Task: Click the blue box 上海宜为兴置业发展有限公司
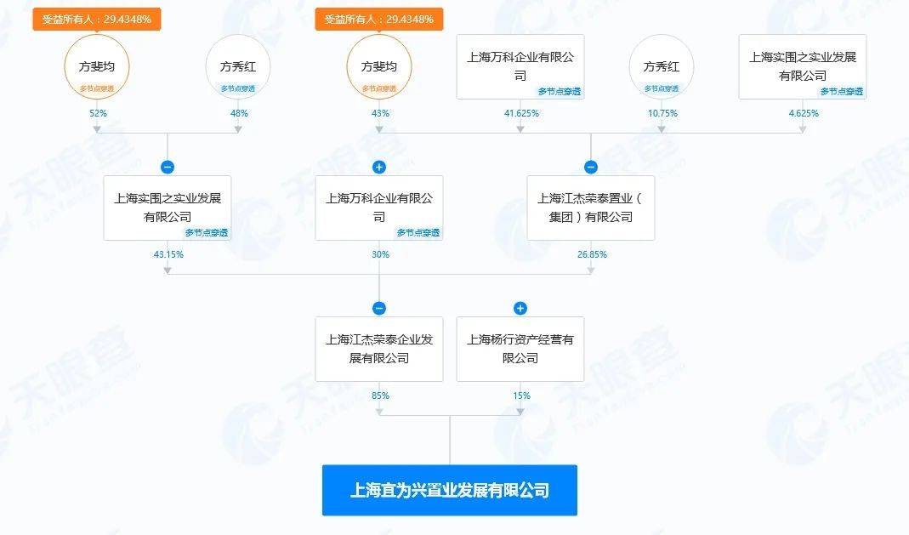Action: coord(450,490)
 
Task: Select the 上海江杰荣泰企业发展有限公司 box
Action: coord(379,349)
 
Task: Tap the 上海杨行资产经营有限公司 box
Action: coord(520,349)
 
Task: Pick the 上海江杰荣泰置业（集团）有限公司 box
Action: coord(591,208)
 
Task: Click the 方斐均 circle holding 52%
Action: coord(97,66)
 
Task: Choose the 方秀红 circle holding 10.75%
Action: coord(662,66)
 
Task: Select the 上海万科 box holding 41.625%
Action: coord(520,66)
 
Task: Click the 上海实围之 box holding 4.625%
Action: coord(803,66)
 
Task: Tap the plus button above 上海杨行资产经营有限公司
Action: coord(520,309)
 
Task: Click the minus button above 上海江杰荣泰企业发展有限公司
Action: coord(379,309)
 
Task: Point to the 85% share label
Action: coord(380,396)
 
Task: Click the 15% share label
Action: coord(521,396)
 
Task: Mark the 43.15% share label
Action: coord(168,253)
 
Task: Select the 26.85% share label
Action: coord(592,253)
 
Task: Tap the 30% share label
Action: coord(380,253)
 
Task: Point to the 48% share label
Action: coord(239,113)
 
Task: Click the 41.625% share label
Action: coord(521,113)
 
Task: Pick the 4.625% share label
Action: coord(804,113)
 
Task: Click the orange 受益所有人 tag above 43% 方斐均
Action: coord(379,19)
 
